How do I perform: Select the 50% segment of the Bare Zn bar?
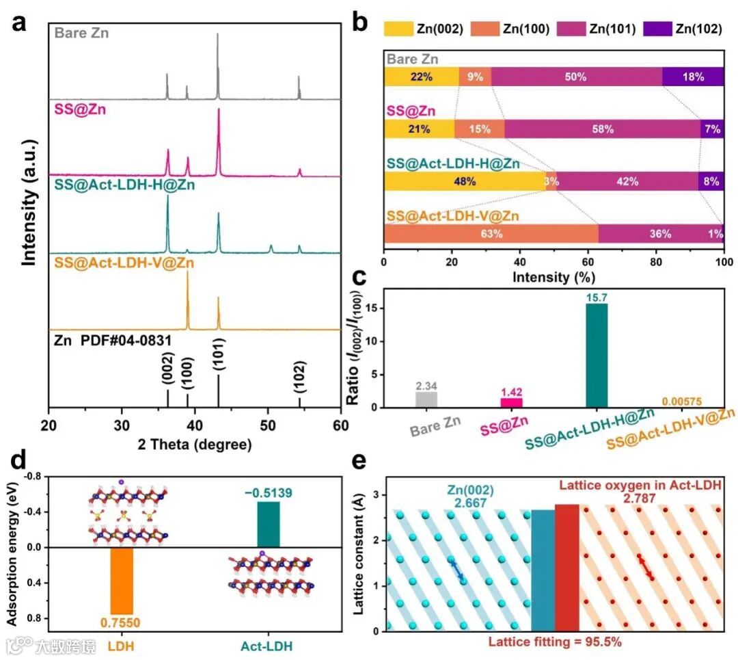pyautogui.click(x=576, y=77)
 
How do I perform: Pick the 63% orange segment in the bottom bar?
pyautogui.click(x=491, y=234)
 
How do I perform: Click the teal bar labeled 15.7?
pyautogui.click(x=596, y=356)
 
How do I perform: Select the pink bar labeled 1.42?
pyautogui.click(x=510, y=403)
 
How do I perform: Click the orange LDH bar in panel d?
pyautogui.click(x=122, y=581)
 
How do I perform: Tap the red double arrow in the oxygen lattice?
pyautogui.click(x=644, y=567)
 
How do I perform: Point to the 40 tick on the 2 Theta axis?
pyautogui.click(x=195, y=425)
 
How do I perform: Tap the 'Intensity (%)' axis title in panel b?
pyautogui.click(x=553, y=277)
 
